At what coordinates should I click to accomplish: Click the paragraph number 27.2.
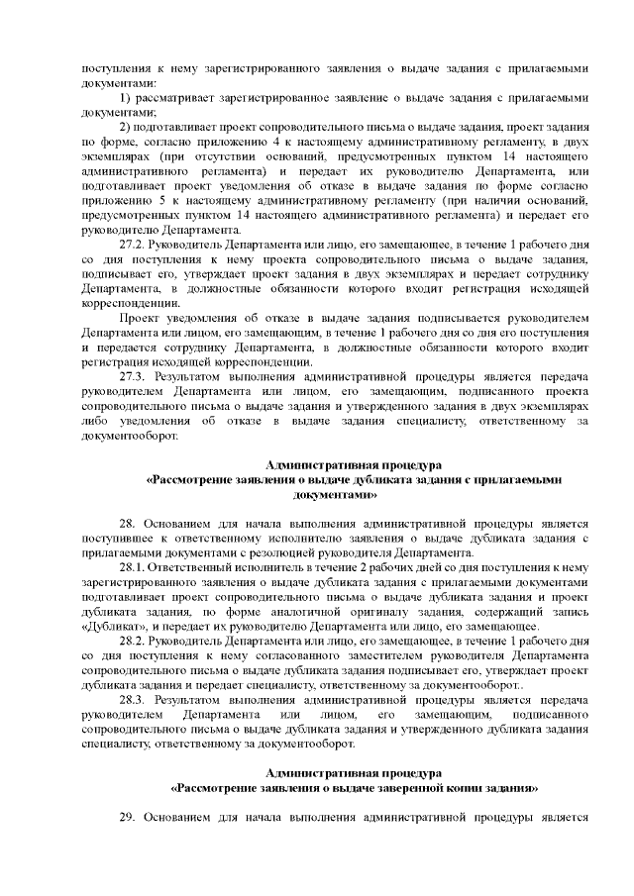coord(132,243)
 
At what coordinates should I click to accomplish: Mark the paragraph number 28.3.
coord(132,699)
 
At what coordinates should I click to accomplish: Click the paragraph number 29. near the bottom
coord(127,817)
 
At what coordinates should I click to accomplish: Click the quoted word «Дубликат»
coord(110,627)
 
